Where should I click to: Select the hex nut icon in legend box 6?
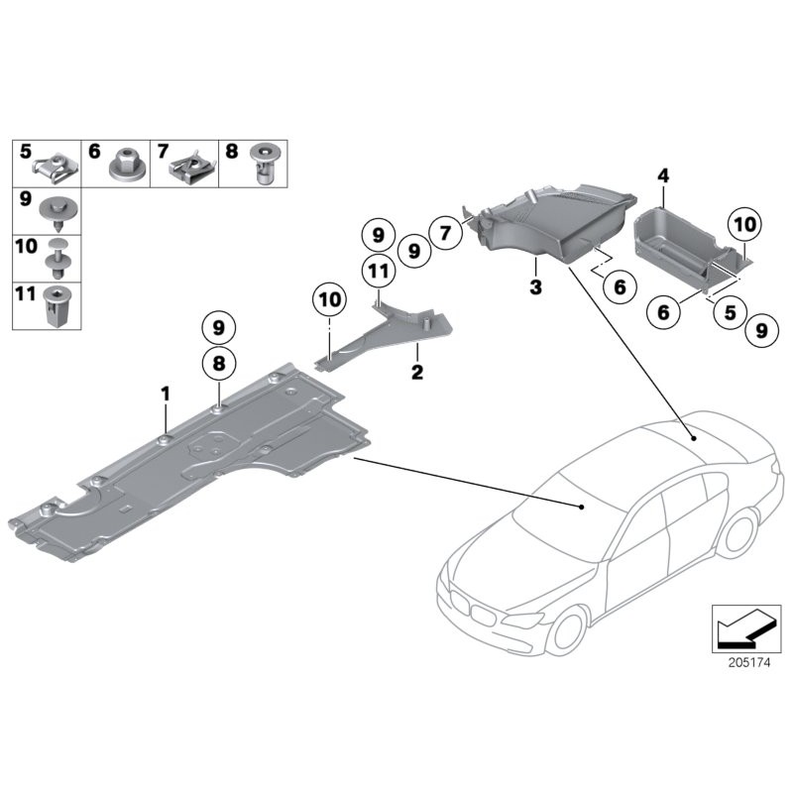(126, 161)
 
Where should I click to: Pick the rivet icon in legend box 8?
(263, 163)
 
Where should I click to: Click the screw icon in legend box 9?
(57, 210)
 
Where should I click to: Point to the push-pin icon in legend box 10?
(57, 258)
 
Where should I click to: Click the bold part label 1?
(167, 394)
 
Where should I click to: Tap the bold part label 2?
(417, 373)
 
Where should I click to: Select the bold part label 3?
(534, 288)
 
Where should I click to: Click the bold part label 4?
(663, 176)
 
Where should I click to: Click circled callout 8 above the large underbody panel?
(218, 364)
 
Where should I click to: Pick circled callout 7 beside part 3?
(446, 234)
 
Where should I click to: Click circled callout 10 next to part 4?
(744, 226)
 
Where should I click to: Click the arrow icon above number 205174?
(740, 624)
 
